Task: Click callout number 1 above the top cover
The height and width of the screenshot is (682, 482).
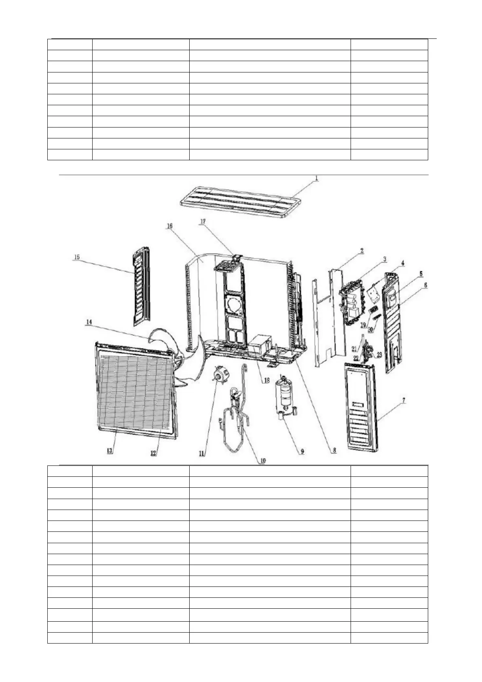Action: tap(317, 178)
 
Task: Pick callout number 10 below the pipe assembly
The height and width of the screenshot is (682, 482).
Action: tap(262, 461)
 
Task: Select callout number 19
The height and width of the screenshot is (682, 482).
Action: tap(363, 325)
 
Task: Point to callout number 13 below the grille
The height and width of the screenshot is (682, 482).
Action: tap(110, 451)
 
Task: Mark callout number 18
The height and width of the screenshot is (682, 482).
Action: tap(266, 380)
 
